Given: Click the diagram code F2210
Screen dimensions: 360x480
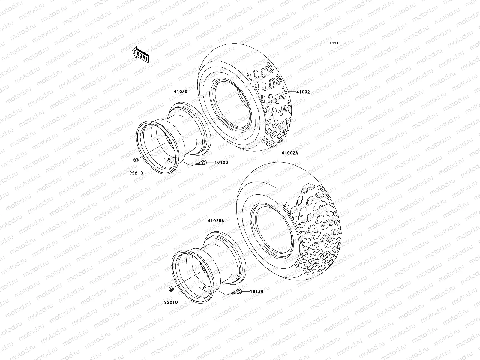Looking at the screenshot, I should (335, 43).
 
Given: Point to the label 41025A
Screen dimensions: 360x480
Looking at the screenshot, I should (216, 220).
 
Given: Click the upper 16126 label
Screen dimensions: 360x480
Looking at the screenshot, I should (221, 162).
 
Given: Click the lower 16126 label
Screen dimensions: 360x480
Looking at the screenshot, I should (257, 291).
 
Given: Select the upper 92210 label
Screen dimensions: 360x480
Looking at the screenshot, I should (136, 173).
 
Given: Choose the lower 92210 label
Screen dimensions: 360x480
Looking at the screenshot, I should (171, 302).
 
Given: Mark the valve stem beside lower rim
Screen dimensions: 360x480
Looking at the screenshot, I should (236, 292).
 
